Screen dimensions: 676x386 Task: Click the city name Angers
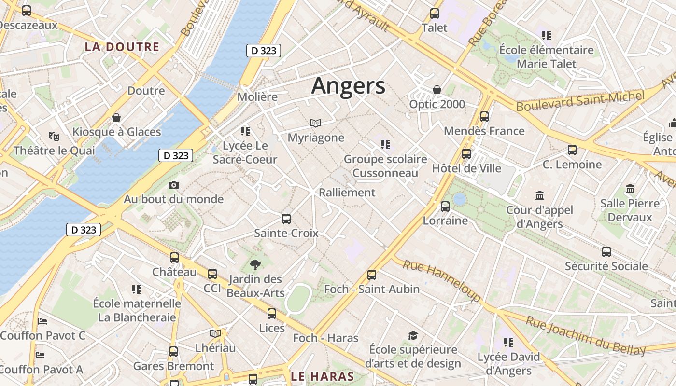click(x=348, y=86)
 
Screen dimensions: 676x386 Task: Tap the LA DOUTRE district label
click(x=122, y=47)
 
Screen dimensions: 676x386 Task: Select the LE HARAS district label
click(x=323, y=376)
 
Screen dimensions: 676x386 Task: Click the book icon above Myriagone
click(x=316, y=123)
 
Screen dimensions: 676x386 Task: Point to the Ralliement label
click(x=347, y=193)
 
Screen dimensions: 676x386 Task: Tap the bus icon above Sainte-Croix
click(x=286, y=219)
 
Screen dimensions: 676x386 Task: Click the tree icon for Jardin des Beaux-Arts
click(x=255, y=264)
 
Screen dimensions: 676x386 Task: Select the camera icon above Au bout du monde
click(x=174, y=185)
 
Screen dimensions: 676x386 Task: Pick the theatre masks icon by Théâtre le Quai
click(x=54, y=137)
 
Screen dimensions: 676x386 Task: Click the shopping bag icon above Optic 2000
click(x=437, y=90)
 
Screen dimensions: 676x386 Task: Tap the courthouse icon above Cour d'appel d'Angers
click(x=540, y=196)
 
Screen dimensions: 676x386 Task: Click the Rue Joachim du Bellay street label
click(x=585, y=336)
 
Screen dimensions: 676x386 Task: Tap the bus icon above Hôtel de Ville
click(x=466, y=154)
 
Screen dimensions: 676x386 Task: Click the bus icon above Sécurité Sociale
click(x=606, y=251)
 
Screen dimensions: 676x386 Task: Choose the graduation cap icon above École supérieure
click(x=413, y=335)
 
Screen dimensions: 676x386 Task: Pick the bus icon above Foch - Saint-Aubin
click(x=372, y=275)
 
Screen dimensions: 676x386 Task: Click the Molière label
click(x=257, y=97)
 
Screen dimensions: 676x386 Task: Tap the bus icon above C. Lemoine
click(x=572, y=150)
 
